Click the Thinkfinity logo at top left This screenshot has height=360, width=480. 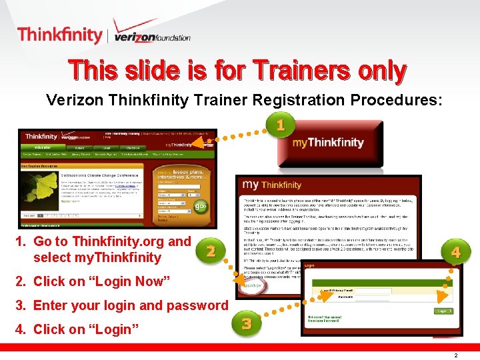tap(59, 34)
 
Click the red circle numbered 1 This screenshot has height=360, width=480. tap(281, 124)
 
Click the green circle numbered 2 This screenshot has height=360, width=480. tap(211, 251)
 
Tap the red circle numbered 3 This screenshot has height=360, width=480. tap(247, 324)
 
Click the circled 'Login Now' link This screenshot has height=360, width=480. tap(251, 285)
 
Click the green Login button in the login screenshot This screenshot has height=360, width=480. tap(442, 311)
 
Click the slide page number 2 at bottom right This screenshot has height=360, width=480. tap(455, 355)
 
